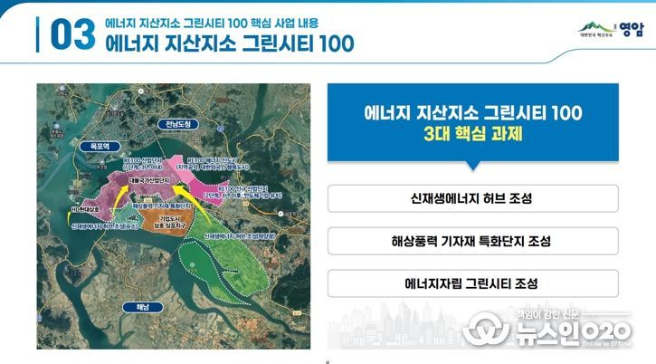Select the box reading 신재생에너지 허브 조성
[x=471, y=198]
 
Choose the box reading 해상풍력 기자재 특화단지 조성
[x=471, y=241]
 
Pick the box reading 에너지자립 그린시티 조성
[x=471, y=283]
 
